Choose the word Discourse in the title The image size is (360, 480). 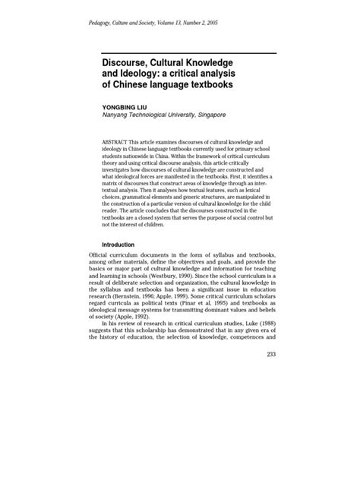(x=125, y=62)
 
